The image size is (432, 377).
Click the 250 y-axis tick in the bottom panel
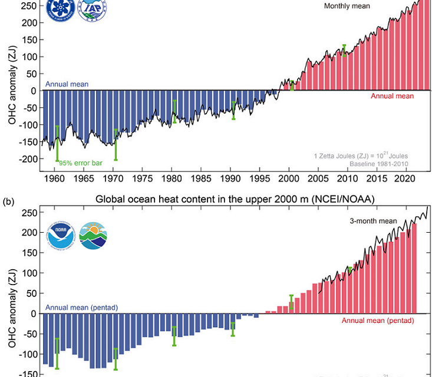pos(29,213)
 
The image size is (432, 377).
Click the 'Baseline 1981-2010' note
pos(380,163)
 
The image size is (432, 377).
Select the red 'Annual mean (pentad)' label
pos(378,320)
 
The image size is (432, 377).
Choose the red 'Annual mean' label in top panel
pos(392,96)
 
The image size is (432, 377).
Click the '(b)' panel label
pos(8,201)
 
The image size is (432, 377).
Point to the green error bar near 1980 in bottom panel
pos(174,336)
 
